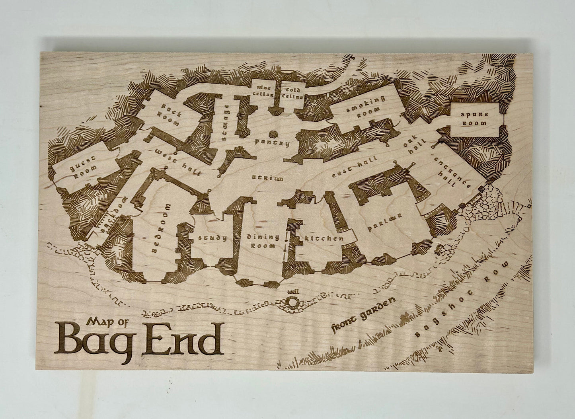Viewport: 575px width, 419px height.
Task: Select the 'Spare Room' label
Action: pos(474,118)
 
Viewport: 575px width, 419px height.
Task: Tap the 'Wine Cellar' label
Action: pos(263,91)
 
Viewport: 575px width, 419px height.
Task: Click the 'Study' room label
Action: pos(212,238)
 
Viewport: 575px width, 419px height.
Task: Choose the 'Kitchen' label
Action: pos(324,238)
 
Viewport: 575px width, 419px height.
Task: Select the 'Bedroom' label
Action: pos(159,229)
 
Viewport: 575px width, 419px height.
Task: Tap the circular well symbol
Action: pos(294,303)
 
